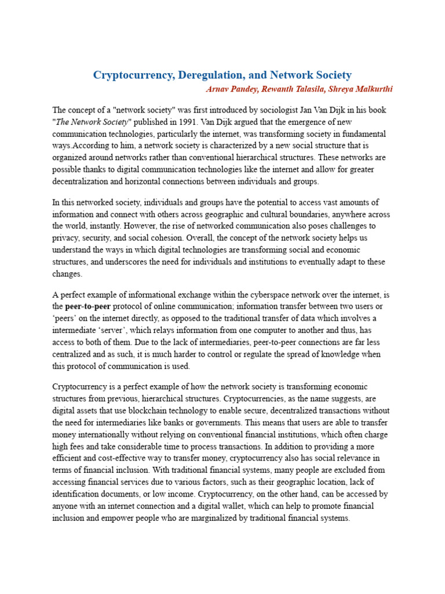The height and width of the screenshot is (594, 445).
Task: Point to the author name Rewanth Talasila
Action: point(290,89)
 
